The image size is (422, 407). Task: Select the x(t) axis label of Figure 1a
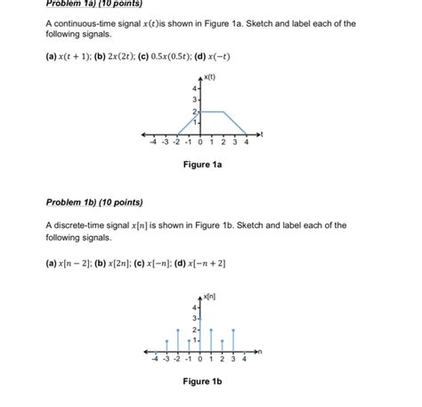pos(212,78)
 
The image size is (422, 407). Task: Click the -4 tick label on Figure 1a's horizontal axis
pos(153,141)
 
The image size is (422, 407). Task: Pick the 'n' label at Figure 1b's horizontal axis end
pos(264,351)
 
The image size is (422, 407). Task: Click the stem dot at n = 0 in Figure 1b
pos(199,319)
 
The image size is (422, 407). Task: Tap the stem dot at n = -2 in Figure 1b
pos(177,330)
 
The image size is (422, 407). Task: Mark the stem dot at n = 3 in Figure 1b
pos(233,330)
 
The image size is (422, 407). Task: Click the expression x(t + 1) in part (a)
pos(75,56)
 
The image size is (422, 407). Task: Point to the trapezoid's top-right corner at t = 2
pos(223,111)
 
